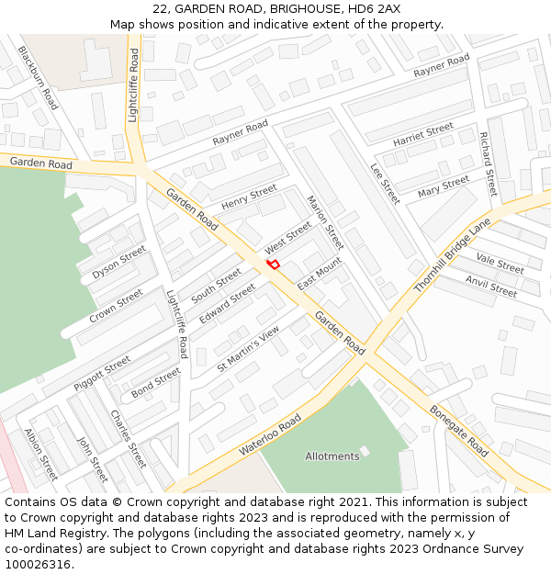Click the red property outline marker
pyautogui.click(x=273, y=264)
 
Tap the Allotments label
pyautogui.click(x=332, y=456)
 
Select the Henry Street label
pyautogui.click(x=249, y=197)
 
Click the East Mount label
pyautogui.click(x=319, y=272)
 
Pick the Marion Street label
pyautogui.click(x=325, y=222)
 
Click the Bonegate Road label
pyautogui.click(x=458, y=432)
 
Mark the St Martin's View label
pyautogui.click(x=248, y=350)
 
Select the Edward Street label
pyautogui.click(x=228, y=303)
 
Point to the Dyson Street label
pyautogui.click(x=119, y=263)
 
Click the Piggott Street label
pyautogui.click(x=103, y=373)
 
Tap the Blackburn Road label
pyautogui.click(x=38, y=78)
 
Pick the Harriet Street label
pyautogui.click(x=423, y=136)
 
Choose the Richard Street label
pyautogui.click(x=488, y=163)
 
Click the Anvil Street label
pyautogui.click(x=491, y=287)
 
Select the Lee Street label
pyautogui.click(x=385, y=184)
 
